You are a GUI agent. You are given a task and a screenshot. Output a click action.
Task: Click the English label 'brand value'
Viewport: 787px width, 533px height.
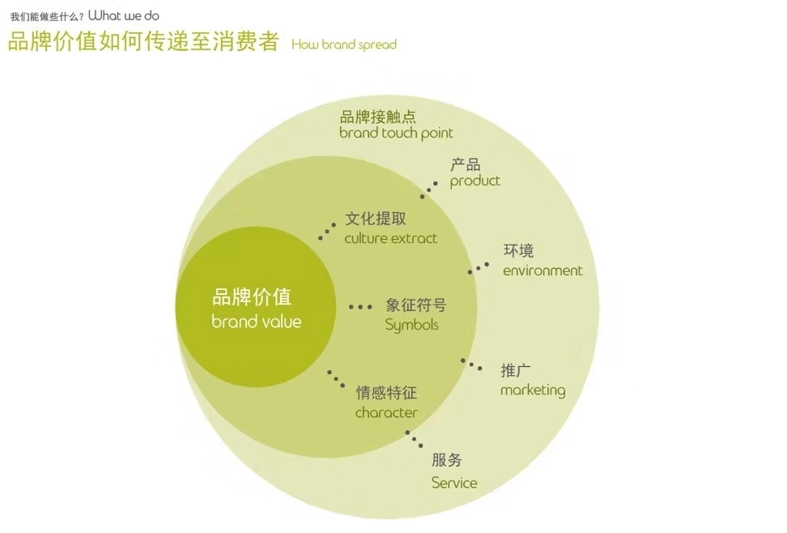[257, 322]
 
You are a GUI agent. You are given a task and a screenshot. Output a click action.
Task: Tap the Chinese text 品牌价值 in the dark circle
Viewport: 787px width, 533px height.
[252, 296]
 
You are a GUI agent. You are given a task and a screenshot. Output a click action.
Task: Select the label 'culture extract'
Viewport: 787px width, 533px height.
[390, 238]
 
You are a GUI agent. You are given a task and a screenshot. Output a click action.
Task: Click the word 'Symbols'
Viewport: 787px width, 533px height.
[411, 325]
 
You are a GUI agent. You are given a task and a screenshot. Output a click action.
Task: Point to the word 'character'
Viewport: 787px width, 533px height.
[386, 413]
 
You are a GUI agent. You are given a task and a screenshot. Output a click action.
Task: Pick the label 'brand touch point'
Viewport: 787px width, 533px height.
[396, 134]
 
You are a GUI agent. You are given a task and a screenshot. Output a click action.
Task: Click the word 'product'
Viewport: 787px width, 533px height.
[474, 181]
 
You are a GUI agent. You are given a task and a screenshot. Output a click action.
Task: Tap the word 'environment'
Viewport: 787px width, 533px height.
[542, 271]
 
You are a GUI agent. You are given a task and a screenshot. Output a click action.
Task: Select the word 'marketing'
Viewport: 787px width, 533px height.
[533, 390]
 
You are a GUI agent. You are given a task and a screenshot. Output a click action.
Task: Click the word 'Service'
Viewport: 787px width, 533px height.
[454, 483]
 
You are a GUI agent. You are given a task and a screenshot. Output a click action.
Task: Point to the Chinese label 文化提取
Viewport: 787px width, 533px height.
[376, 219]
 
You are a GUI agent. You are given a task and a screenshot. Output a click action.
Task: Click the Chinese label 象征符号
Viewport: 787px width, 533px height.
[415, 305]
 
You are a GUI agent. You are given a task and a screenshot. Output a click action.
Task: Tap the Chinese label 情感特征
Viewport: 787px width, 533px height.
[386, 392]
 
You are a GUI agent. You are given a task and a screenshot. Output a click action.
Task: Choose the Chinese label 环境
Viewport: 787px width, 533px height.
[518, 250]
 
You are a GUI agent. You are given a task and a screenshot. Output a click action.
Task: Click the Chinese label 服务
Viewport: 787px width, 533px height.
[447, 459]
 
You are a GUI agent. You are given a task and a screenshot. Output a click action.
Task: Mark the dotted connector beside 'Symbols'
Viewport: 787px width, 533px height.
[360, 306]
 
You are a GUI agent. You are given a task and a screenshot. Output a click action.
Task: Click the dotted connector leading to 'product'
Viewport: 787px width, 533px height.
[428, 190]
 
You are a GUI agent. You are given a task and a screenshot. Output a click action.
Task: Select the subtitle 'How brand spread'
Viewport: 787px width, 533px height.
[344, 45]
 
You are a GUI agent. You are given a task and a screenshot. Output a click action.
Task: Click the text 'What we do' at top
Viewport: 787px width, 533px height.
[123, 15]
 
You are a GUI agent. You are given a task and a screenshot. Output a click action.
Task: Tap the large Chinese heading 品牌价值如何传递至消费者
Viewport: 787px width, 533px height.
[143, 41]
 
